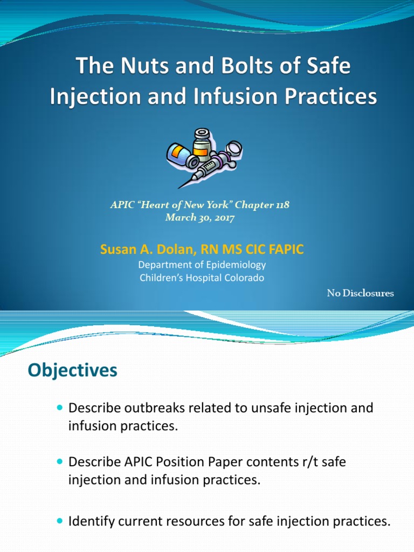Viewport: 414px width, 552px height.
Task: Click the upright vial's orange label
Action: pos(201,151)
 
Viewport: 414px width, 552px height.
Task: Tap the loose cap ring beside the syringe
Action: pos(235,148)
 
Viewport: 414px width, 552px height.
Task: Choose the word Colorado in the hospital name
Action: pos(245,278)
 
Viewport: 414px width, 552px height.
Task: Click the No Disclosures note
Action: pos(360,293)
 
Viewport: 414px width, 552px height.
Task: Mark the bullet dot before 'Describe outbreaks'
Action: pos(59,408)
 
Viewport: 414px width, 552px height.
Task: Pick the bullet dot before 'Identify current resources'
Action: pos(59,521)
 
